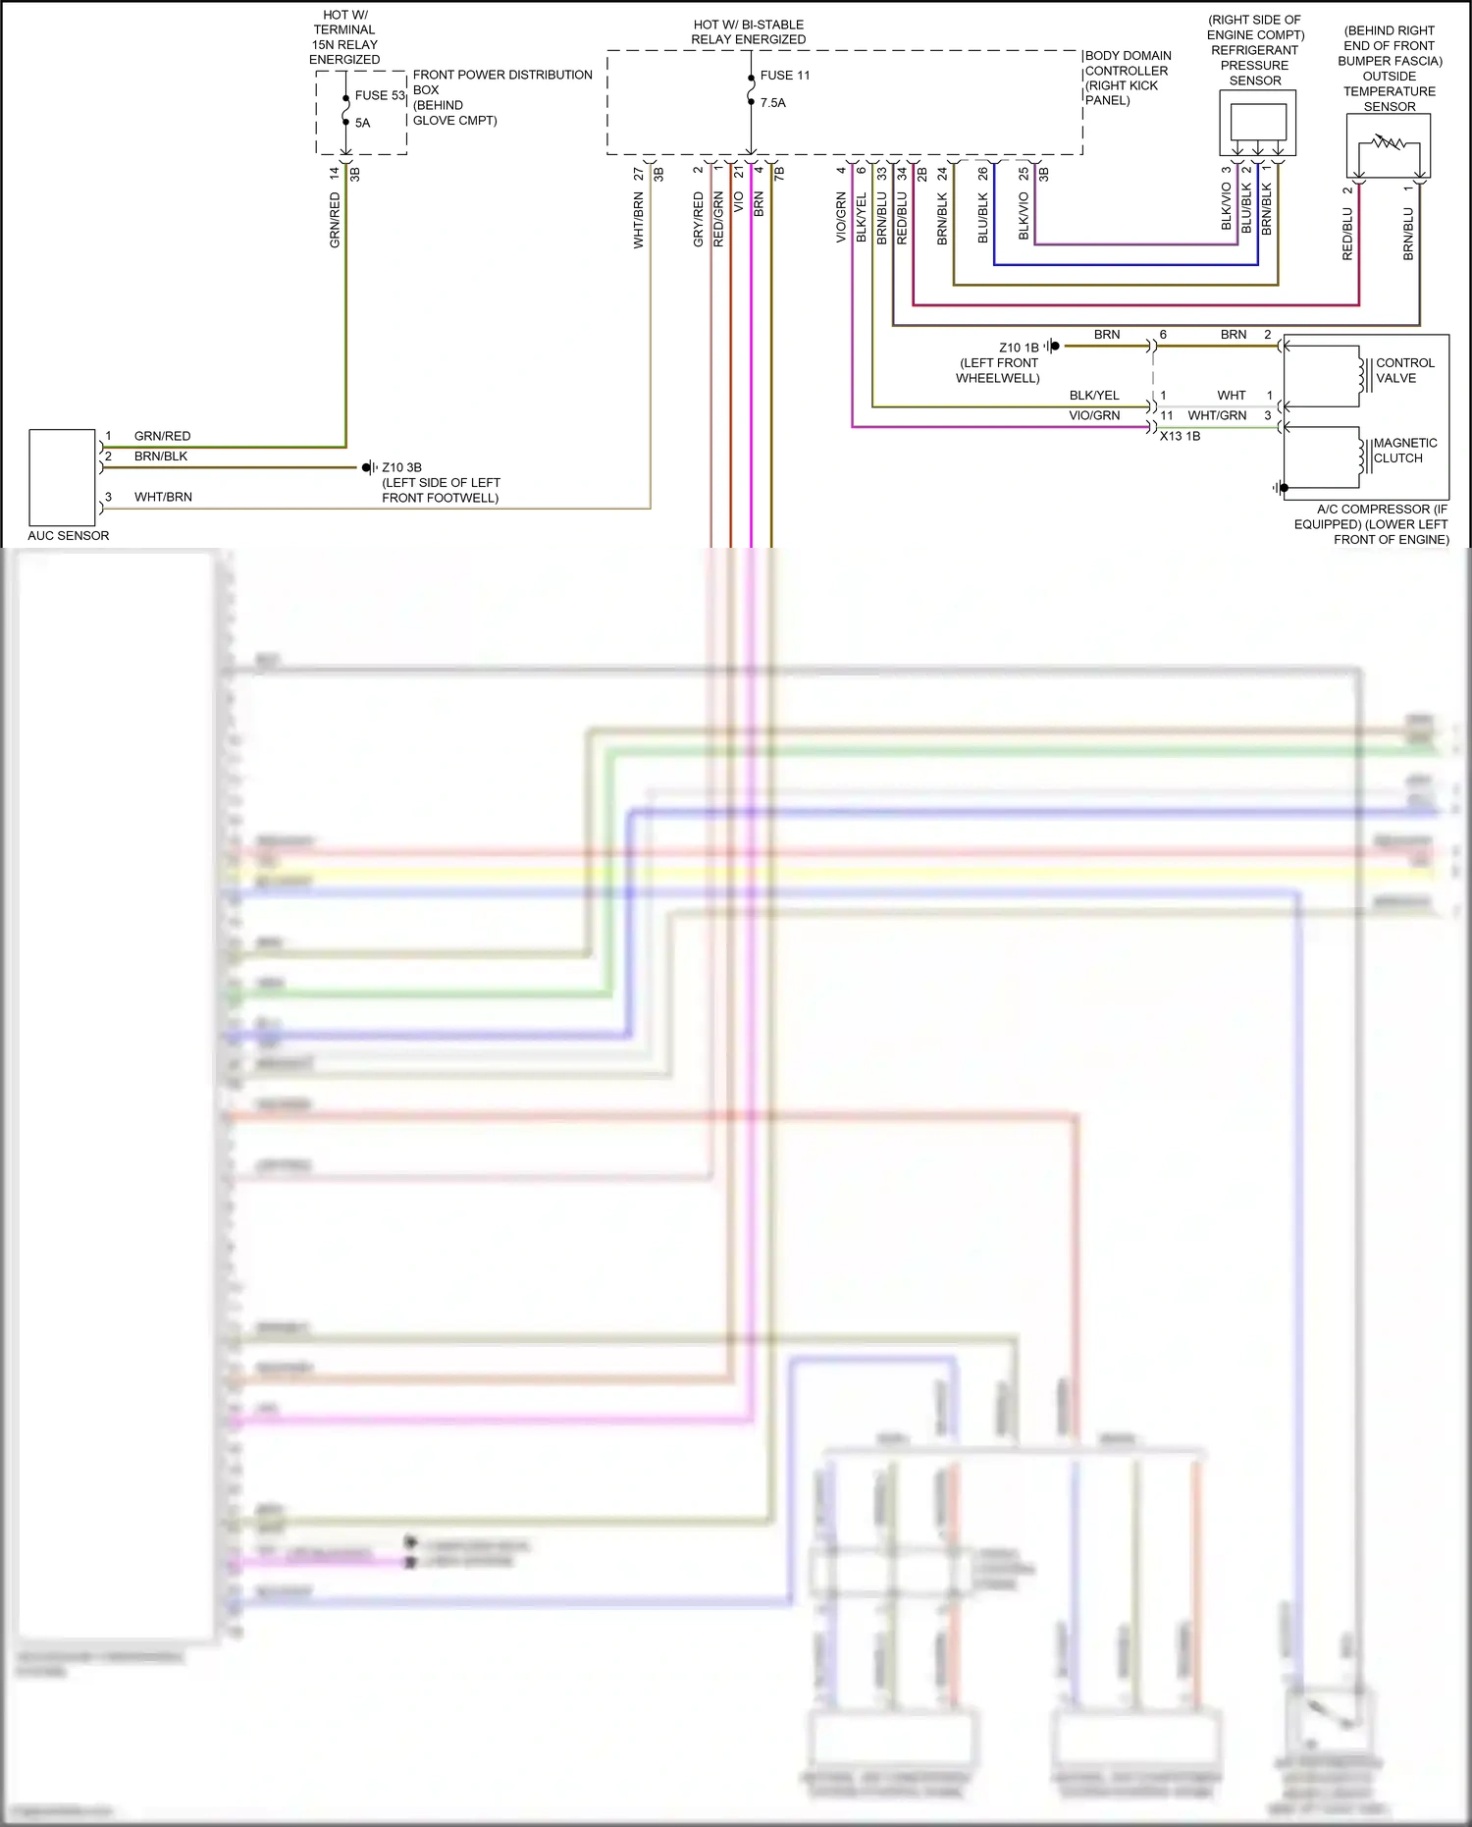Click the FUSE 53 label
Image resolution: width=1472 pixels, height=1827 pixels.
380,95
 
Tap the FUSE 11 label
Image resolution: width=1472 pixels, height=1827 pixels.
785,76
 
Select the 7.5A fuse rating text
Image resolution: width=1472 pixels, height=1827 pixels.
773,103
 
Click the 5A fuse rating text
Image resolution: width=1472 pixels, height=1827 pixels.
363,124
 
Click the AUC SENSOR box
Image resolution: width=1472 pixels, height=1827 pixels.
62,477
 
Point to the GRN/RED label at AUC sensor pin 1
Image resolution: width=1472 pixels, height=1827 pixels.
162,436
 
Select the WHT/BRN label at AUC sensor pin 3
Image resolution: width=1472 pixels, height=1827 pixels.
163,497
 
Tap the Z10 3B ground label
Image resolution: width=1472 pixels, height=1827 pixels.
401,467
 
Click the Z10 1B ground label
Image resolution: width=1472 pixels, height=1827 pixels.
1019,348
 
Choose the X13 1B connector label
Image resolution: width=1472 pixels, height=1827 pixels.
1180,436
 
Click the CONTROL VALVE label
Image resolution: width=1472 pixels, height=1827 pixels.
1404,370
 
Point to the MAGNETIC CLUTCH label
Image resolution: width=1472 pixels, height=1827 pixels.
1404,451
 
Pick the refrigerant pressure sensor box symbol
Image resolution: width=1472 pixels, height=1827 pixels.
1257,123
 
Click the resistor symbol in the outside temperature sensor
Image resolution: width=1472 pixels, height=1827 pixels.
1389,143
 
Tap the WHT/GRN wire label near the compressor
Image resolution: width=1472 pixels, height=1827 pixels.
1217,415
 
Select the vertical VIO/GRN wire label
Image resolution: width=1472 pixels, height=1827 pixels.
841,218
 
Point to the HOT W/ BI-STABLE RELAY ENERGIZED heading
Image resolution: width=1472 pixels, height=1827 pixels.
748,32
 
